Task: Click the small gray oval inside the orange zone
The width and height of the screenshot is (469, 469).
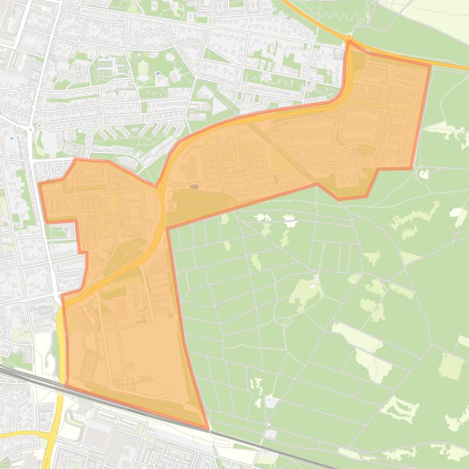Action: (x=194, y=186)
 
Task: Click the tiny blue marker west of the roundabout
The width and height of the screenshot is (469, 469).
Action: (x=12, y=138)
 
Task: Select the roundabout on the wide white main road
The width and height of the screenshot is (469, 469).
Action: (x=30, y=128)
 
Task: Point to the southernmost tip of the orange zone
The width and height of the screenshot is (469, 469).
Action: (x=208, y=429)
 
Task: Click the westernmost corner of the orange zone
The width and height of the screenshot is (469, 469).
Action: (x=40, y=183)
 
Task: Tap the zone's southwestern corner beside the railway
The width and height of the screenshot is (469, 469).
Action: (x=66, y=385)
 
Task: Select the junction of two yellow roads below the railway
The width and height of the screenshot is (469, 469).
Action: (x=50, y=435)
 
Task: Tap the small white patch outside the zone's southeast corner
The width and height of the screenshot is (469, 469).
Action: (x=270, y=434)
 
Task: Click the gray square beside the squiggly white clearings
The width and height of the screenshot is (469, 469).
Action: (x=270, y=401)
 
